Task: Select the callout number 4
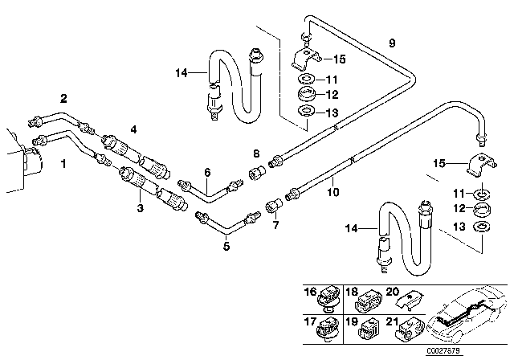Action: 133,129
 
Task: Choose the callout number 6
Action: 206,172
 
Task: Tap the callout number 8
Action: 256,153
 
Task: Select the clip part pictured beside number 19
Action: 367,330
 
